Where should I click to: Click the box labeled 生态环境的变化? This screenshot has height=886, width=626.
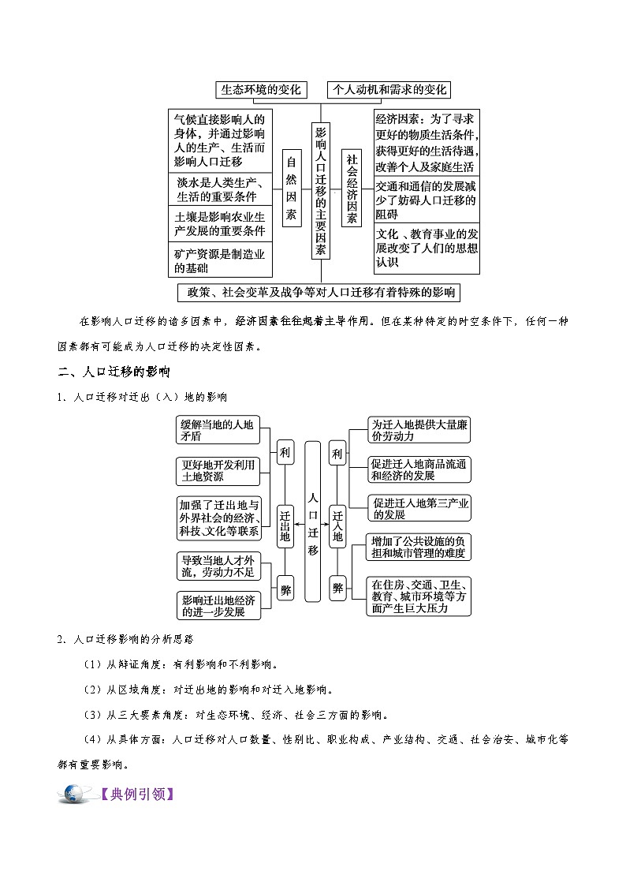pos(261,90)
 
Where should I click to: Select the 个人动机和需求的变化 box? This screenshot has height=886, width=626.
pos(389,90)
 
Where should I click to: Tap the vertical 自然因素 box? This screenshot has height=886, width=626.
pos(292,188)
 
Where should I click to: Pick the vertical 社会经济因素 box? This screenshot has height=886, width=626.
pos(352,188)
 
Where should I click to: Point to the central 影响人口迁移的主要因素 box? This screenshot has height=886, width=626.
pos(321,189)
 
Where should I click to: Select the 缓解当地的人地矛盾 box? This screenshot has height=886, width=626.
pos(218,429)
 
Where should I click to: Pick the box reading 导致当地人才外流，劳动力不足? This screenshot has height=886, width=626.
pos(218,565)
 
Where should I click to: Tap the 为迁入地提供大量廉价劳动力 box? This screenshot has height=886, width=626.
pos(419,429)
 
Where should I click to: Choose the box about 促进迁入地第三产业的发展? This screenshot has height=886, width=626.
pos(419,508)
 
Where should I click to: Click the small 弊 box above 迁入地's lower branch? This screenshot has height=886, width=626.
pos(337,587)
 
